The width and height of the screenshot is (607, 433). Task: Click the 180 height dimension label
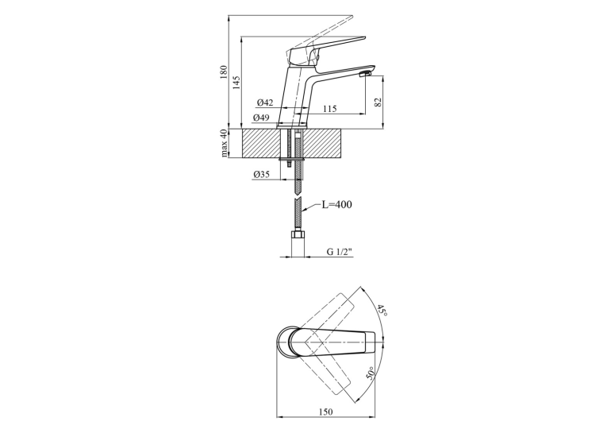pos(223,72)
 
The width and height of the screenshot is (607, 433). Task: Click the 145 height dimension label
pos(236,83)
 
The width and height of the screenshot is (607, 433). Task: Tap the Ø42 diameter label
pos(265,102)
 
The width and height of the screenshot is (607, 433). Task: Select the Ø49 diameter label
pos(261,118)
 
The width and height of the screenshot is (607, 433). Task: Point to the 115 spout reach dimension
pos(329,109)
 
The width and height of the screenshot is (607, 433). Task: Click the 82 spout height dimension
pos(378,102)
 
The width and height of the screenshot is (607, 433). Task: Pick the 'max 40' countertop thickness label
pos(224,144)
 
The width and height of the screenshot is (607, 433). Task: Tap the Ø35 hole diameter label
pos(261,175)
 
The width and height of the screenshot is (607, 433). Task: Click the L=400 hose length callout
pos(337,204)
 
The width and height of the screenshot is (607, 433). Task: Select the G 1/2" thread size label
pos(340,252)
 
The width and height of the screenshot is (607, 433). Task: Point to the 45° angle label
pos(382,311)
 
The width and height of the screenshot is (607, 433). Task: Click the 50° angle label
pos(371,373)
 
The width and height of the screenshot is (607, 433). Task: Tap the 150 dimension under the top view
pos(325,412)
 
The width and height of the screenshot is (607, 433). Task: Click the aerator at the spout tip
pos(366,74)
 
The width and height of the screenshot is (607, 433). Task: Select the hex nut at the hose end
pos(298,235)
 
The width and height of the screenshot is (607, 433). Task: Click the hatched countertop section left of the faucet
pos(260,144)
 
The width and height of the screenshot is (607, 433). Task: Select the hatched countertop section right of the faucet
pos(323,144)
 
